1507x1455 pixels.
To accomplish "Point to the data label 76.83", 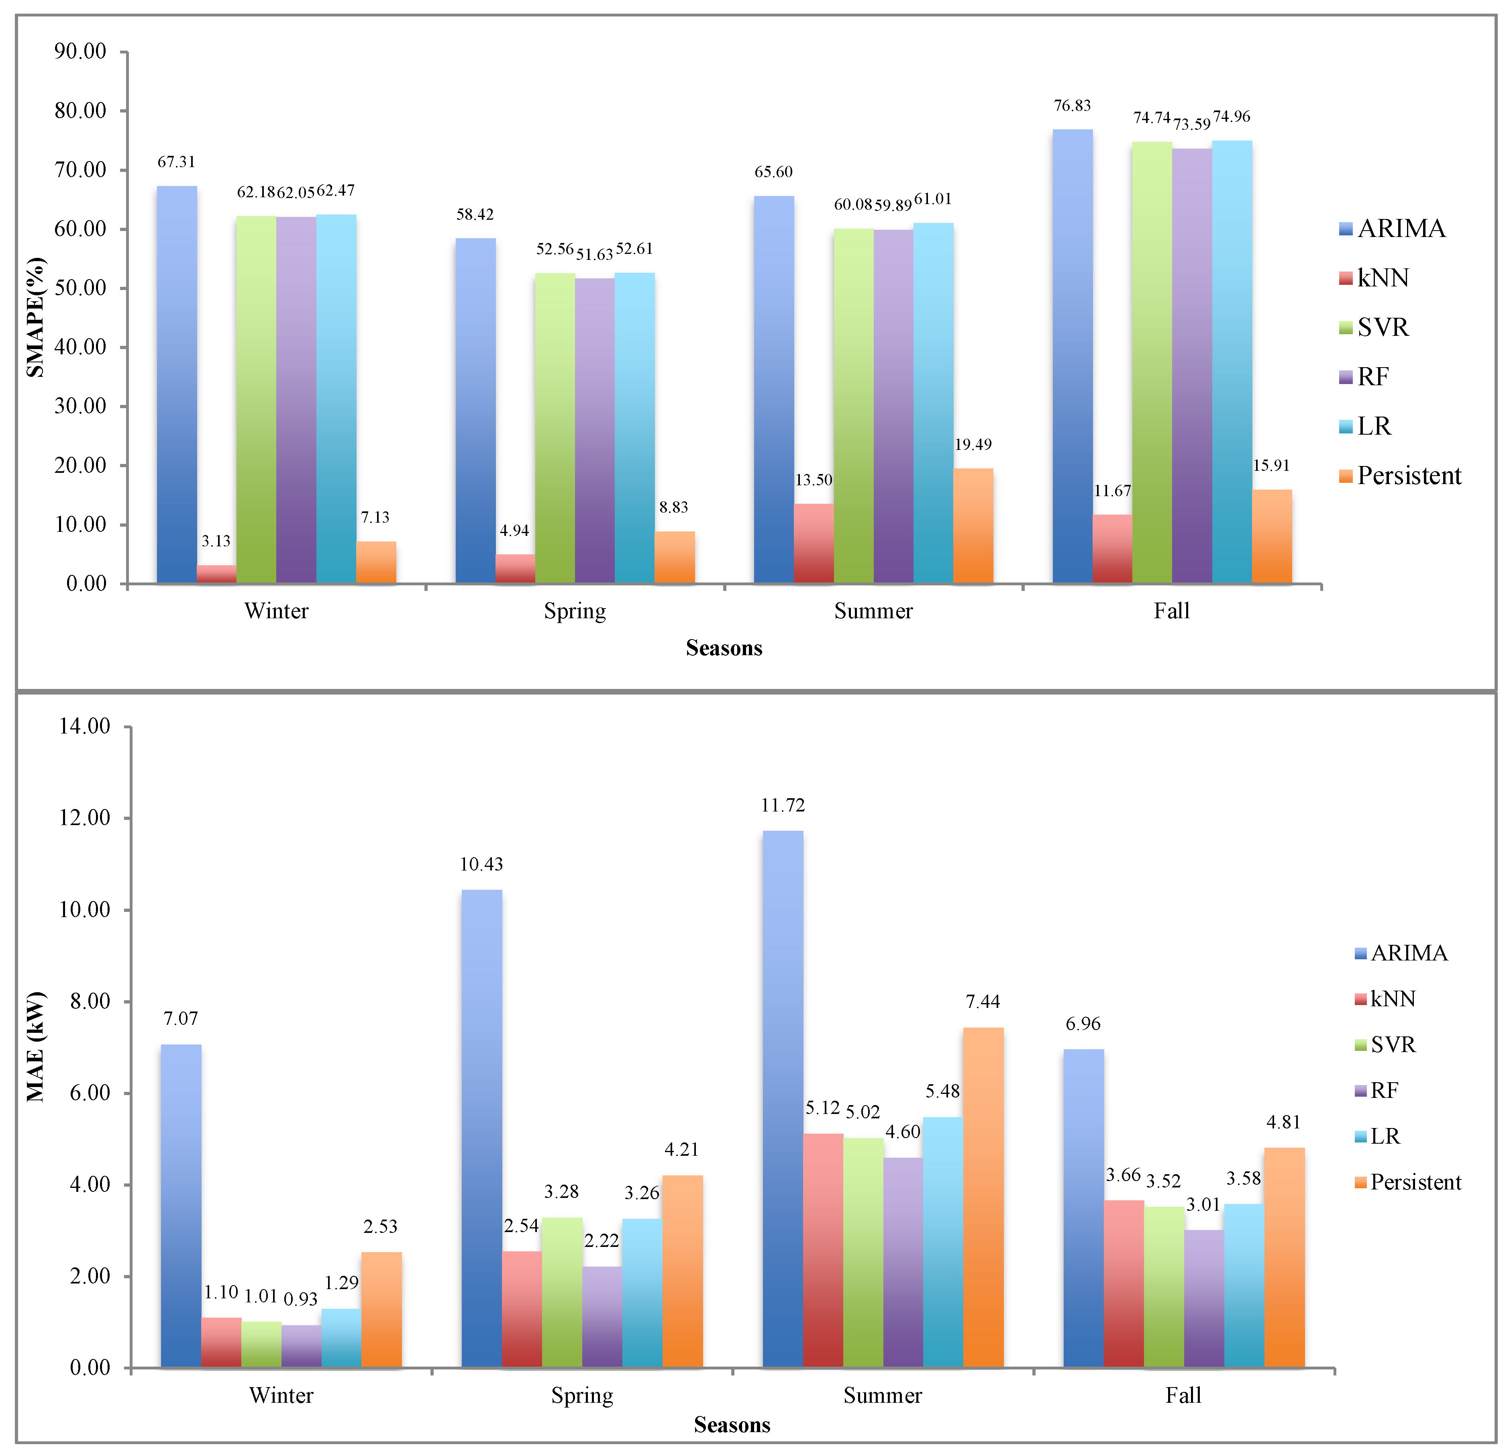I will (1072, 105).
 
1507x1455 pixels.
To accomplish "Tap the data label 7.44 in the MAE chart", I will (983, 1001).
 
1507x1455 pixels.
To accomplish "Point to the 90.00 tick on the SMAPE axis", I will (80, 51).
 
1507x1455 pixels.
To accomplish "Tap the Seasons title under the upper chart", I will (724, 648).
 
